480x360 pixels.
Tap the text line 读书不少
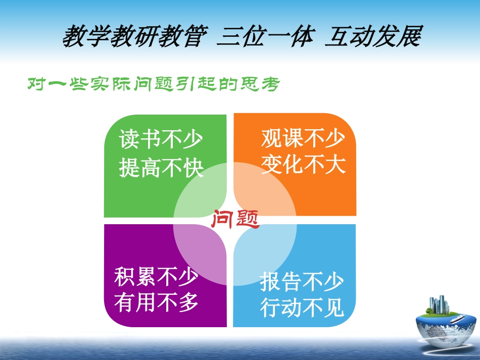click(x=161, y=140)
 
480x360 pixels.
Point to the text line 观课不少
click(x=303, y=138)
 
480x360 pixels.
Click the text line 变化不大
click(x=303, y=165)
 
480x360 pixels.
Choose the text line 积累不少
click(x=156, y=277)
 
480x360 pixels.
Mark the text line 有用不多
click(x=156, y=303)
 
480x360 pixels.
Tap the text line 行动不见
click(x=302, y=308)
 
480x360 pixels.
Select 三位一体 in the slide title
click(x=263, y=37)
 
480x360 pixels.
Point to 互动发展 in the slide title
click(x=372, y=37)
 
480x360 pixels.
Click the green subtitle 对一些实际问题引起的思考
click(x=153, y=84)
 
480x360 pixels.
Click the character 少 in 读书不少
click(x=192, y=140)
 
